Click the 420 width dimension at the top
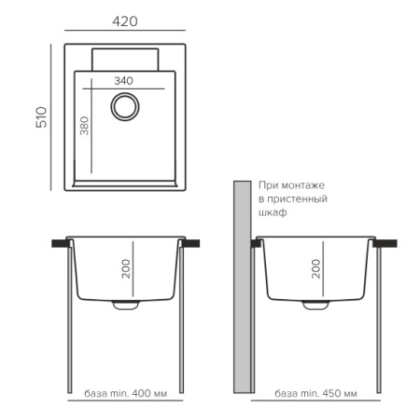click(125, 21)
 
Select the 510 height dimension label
click(42, 117)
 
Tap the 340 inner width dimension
click(123, 81)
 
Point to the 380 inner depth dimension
click(84, 126)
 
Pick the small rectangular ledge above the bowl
click(125, 60)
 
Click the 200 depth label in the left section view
click(126, 269)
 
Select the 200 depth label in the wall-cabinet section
click(315, 269)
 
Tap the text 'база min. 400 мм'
click(125, 394)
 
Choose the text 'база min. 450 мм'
click(315, 394)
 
